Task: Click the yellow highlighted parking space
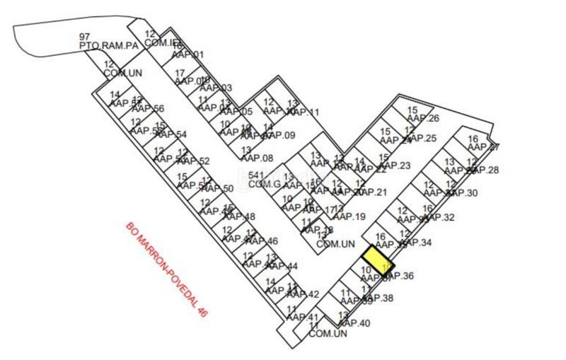click(x=377, y=260)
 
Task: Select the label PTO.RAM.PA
click(x=108, y=45)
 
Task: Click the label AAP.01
click(x=188, y=54)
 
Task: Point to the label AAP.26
click(x=424, y=118)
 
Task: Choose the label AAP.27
click(x=484, y=147)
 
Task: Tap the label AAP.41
click(x=304, y=317)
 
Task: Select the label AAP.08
click(x=257, y=158)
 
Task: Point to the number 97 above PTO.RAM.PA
click(x=85, y=36)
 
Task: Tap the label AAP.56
click(x=148, y=109)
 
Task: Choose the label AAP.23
click(x=395, y=166)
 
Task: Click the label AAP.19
click(x=350, y=216)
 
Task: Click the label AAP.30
click(x=462, y=193)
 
